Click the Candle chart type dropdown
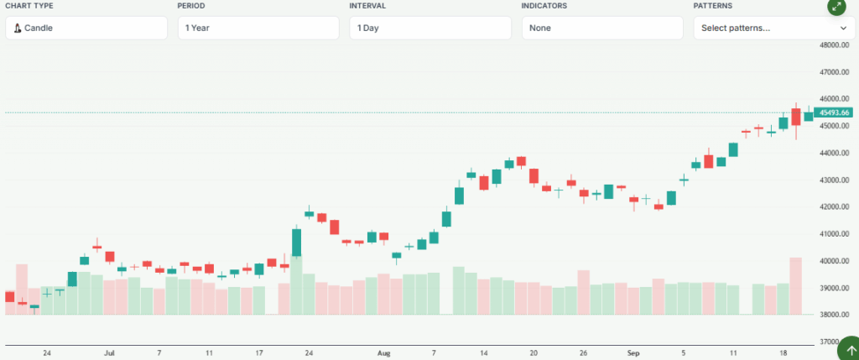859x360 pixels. [x=86, y=28]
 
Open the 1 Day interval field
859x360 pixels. [x=430, y=28]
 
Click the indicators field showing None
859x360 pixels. [x=602, y=28]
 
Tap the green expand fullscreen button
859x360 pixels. [x=836, y=7]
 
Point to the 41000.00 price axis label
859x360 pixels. [x=835, y=234]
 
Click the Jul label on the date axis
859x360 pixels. [x=109, y=353]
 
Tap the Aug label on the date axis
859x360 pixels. [x=384, y=353]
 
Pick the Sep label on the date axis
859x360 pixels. [x=633, y=353]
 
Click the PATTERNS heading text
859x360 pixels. [x=711, y=6]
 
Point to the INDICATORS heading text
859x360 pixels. [x=544, y=6]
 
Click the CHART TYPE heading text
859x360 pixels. [x=29, y=6]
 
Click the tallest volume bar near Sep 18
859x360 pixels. [x=795, y=285]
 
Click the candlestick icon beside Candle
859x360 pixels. [x=18, y=28]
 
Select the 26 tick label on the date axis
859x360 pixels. [x=583, y=353]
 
